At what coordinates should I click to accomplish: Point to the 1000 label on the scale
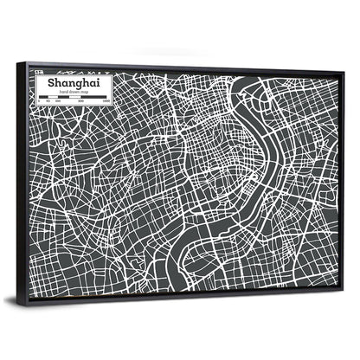(106, 103)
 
